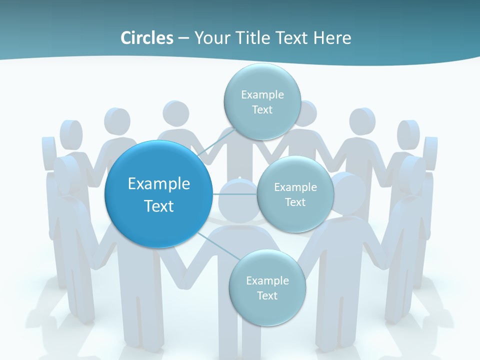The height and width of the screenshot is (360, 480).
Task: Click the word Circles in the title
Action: tap(146, 38)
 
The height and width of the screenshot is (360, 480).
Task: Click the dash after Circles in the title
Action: tap(183, 38)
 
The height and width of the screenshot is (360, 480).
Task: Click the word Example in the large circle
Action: tap(159, 184)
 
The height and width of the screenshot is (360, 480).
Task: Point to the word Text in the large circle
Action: tap(159, 206)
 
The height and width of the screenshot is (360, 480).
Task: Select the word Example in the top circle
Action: tap(262, 94)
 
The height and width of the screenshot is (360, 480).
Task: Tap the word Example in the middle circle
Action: tap(295, 187)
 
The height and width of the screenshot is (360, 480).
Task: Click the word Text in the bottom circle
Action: tap(267, 295)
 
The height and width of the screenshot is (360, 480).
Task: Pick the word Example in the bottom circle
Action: tap(267, 280)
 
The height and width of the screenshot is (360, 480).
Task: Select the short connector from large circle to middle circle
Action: tap(235, 194)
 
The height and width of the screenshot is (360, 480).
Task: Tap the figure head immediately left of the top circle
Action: tap(175, 114)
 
